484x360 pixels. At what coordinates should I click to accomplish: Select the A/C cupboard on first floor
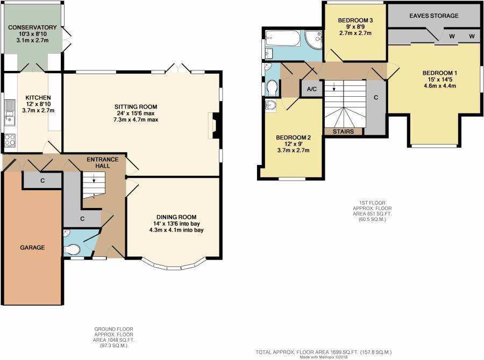coord(311,89)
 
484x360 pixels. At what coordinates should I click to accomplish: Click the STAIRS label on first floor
coord(344,131)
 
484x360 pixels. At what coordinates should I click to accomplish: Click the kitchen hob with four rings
coord(10,141)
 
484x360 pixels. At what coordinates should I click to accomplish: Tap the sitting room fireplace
coord(213,125)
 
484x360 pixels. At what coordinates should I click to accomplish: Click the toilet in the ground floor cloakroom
coord(72,249)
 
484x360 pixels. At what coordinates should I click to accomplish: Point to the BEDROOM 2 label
coord(293,138)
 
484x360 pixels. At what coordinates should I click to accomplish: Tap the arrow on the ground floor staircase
coord(94,181)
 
